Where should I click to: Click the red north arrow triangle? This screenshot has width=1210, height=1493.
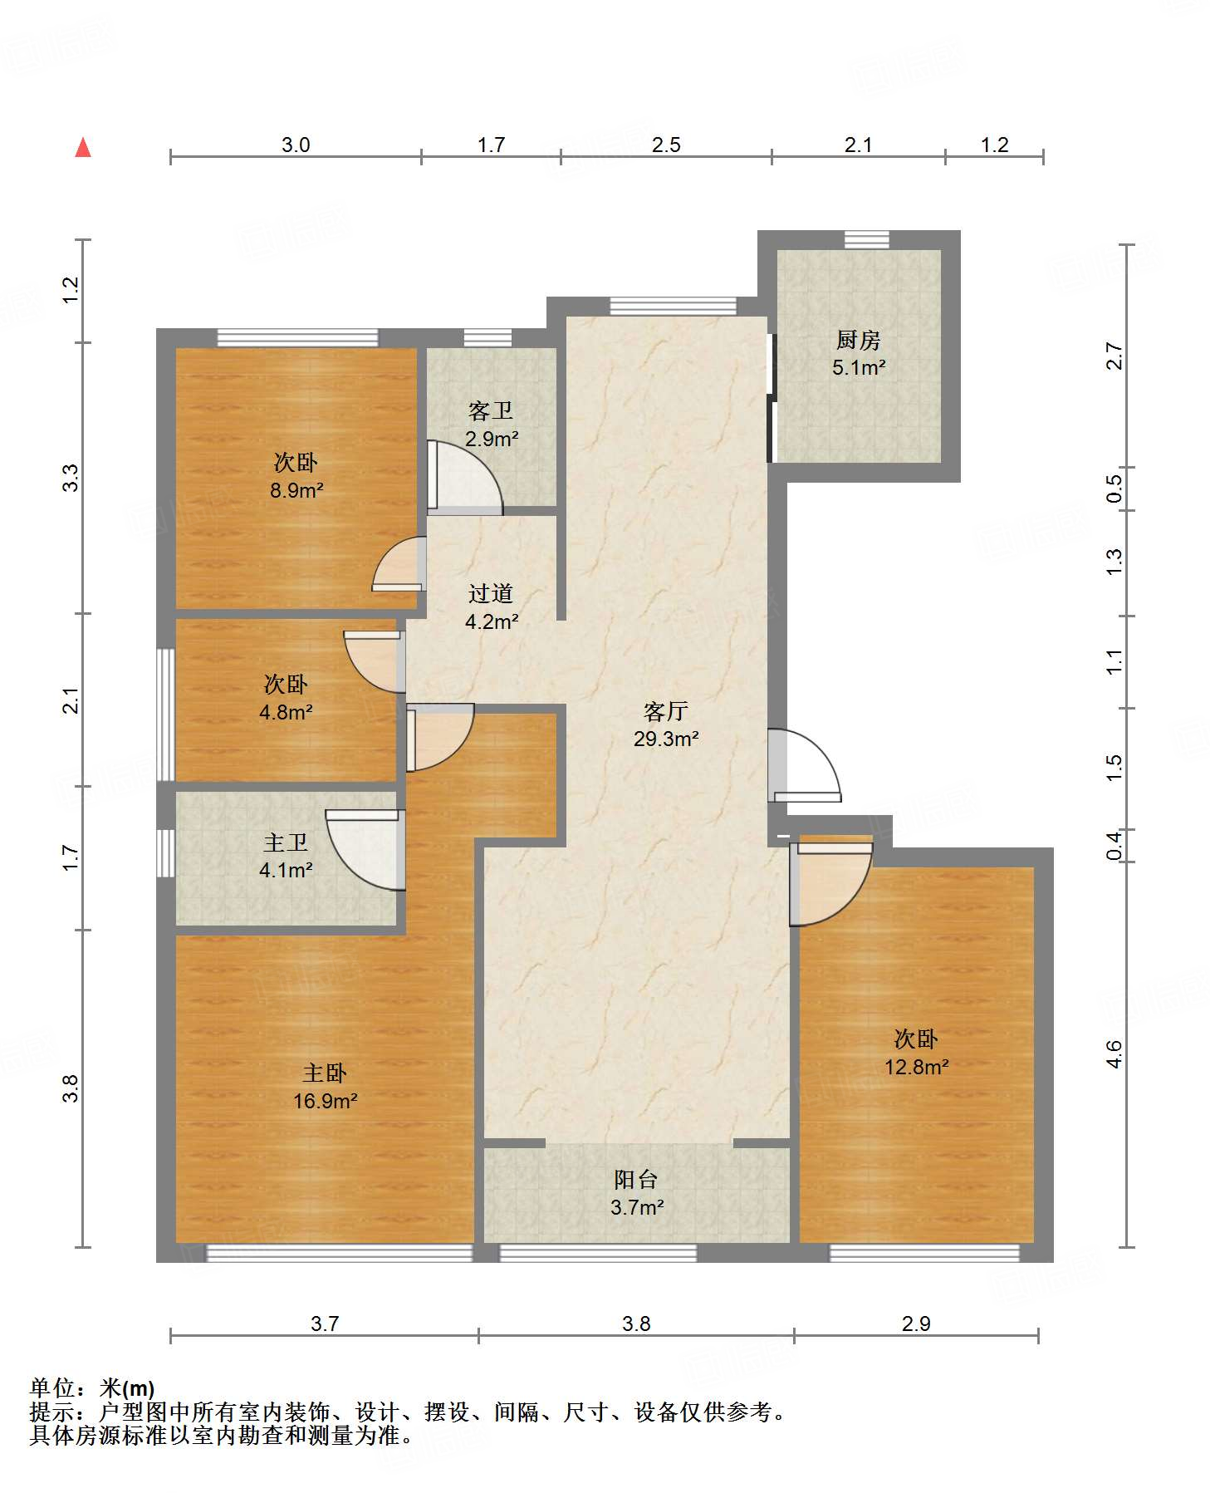(x=83, y=147)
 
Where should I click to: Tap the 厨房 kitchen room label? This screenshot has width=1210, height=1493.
(x=858, y=340)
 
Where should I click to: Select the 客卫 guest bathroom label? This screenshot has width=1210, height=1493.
(x=491, y=411)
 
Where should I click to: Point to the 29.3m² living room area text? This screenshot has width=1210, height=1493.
(x=666, y=739)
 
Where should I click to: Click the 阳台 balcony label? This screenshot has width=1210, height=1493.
(x=636, y=1179)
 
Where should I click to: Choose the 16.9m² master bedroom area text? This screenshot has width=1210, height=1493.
(x=326, y=1101)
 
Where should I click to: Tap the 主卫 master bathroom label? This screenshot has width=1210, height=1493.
(x=286, y=843)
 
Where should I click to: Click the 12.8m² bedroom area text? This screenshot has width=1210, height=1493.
(x=917, y=1067)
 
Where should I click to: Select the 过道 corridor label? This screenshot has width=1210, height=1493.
(x=491, y=593)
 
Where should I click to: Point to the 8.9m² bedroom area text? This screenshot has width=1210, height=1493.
(x=296, y=490)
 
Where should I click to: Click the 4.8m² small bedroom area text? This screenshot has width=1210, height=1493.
(x=286, y=712)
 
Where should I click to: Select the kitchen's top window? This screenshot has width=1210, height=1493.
(x=867, y=239)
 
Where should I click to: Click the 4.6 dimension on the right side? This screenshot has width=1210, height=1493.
(x=1114, y=1054)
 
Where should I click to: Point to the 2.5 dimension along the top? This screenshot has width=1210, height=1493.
(x=666, y=145)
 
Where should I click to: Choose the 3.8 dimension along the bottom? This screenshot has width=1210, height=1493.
(x=636, y=1324)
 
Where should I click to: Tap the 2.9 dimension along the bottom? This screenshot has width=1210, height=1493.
(x=916, y=1324)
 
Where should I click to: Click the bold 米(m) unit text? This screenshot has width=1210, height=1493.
(x=127, y=1387)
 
